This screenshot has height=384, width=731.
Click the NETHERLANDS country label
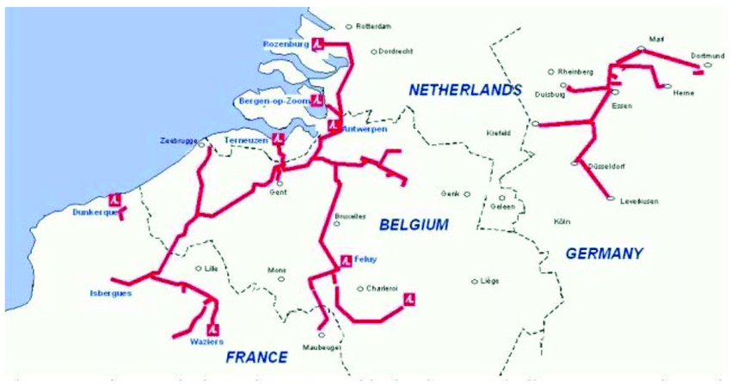tap(465, 89)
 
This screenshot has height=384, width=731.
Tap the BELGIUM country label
tap(414, 225)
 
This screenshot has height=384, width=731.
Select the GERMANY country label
tap(605, 253)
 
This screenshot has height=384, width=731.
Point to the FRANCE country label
tap(255, 357)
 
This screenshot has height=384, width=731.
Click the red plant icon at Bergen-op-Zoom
tap(317, 101)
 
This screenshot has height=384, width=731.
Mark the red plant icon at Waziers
tap(212, 329)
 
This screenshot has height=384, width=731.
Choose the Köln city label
tap(562, 222)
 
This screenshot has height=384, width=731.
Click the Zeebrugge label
tap(178, 140)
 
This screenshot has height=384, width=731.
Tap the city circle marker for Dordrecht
tap(373, 52)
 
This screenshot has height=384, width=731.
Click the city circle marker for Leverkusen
tap(611, 199)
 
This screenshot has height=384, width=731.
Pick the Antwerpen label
tap(359, 130)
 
